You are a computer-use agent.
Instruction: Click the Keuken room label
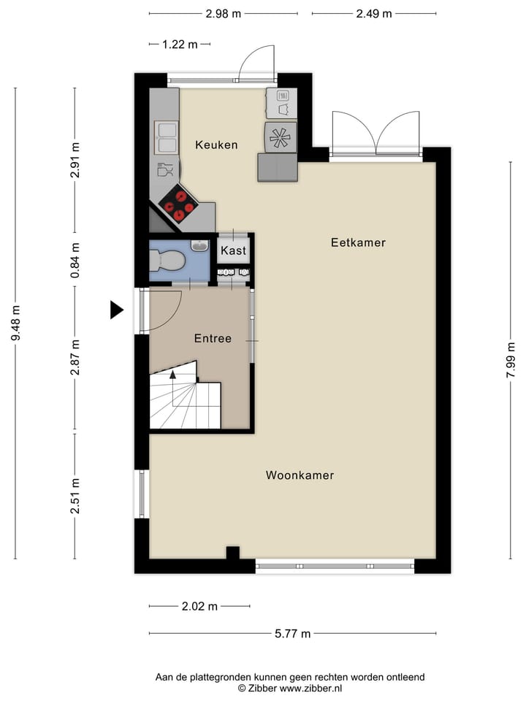[x=216, y=145]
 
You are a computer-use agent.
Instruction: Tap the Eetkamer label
[x=357, y=242]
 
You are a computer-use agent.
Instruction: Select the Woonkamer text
[x=300, y=475]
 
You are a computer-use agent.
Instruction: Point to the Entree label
[x=213, y=339]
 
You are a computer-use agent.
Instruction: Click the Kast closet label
[x=234, y=251]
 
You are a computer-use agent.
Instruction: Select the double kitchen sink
[x=166, y=137]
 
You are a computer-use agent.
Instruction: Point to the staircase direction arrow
[x=173, y=375]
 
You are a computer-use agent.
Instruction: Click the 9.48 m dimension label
[x=15, y=323]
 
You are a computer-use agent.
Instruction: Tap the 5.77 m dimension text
[x=292, y=633]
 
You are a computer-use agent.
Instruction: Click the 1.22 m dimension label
[x=180, y=44]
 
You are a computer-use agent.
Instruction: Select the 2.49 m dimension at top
[x=373, y=13]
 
